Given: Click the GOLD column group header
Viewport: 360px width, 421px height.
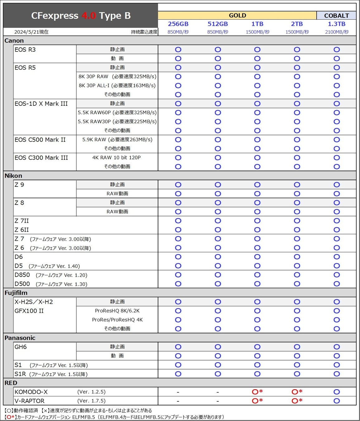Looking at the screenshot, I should (237, 15).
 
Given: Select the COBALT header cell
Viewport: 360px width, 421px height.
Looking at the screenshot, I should (336, 16).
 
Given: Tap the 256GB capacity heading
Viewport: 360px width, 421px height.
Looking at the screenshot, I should (178, 24).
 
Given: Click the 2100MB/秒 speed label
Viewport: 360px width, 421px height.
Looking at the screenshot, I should (337, 32).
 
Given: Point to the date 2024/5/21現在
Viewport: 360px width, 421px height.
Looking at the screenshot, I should (31, 32).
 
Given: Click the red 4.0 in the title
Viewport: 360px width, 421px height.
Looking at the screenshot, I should (89, 16).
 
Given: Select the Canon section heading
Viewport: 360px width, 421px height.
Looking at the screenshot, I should (14, 41).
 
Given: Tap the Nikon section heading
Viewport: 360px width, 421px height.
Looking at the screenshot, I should (13, 176).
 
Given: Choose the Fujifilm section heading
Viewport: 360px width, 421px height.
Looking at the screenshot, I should (16, 293).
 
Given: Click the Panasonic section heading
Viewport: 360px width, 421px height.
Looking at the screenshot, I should (20, 338).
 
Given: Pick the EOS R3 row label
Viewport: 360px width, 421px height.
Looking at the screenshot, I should (25, 50).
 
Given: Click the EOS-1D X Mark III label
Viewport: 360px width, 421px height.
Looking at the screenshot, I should (41, 104).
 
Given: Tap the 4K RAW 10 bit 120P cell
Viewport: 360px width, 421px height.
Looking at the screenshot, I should (116, 157).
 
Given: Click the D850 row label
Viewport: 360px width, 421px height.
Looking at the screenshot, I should (22, 275).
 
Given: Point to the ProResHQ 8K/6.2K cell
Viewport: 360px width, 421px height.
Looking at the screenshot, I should (117, 311).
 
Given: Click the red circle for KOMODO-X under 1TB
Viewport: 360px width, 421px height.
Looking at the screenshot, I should (255, 392).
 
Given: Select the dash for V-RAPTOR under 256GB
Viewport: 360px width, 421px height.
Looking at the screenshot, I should (178, 401).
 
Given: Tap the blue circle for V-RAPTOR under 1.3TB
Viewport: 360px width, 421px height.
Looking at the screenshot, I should (337, 401).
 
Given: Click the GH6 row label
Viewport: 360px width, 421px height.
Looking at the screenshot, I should (21, 347).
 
